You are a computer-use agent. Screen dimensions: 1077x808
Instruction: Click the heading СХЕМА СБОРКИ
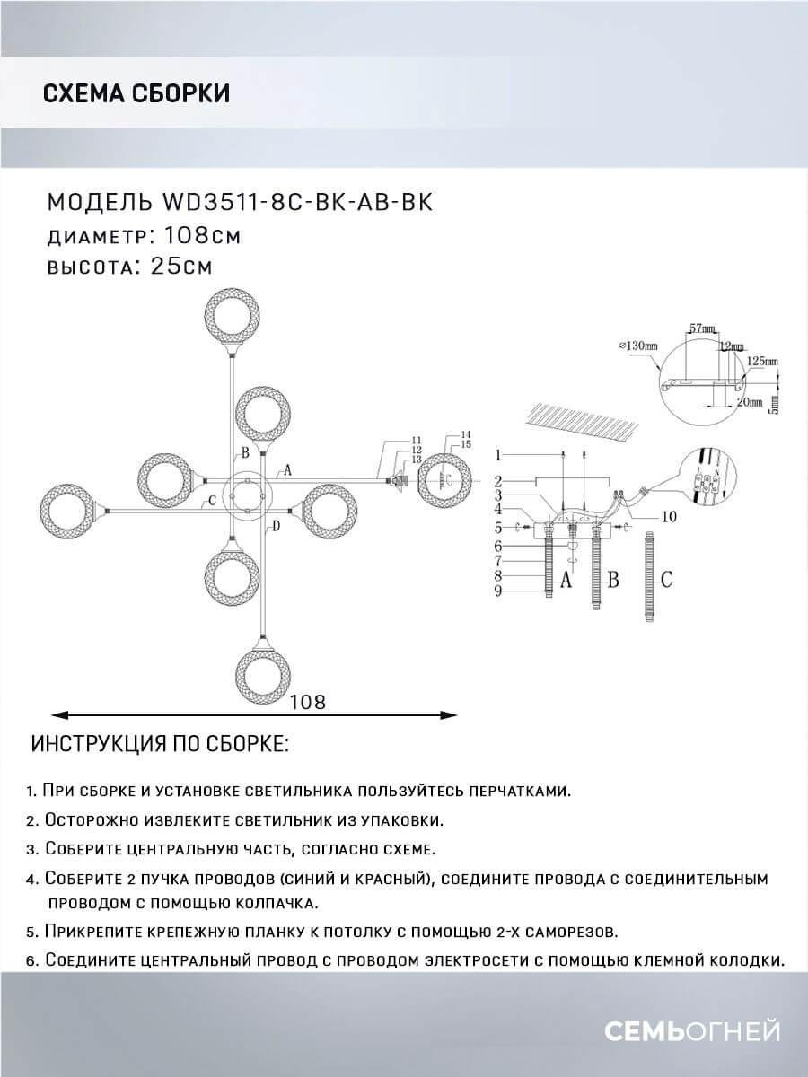[136, 92]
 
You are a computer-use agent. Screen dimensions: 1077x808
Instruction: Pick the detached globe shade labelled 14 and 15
[446, 481]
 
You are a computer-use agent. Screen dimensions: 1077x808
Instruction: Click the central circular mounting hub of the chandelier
[245, 495]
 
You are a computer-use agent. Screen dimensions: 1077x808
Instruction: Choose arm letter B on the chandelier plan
[243, 453]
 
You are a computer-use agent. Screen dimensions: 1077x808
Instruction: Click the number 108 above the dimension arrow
[307, 702]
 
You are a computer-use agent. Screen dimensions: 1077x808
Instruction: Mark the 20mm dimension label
[744, 404]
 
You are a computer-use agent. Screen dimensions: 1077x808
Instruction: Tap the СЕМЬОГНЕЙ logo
[691, 1032]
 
